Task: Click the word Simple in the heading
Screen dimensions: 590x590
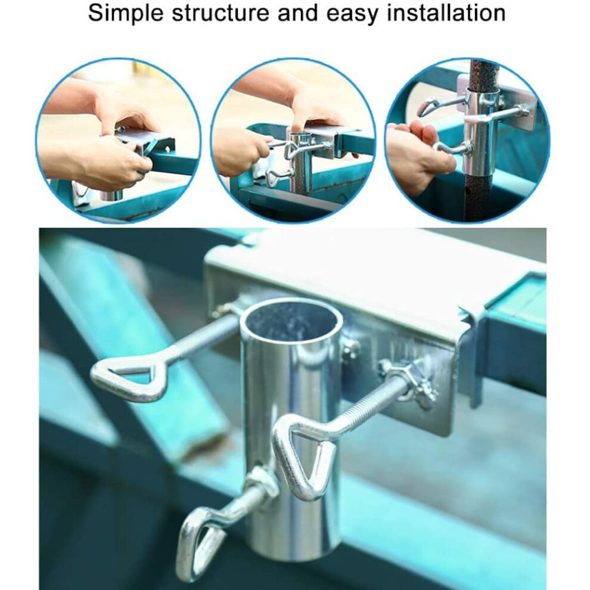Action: coord(125,13)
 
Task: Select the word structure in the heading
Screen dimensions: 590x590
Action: coord(221,13)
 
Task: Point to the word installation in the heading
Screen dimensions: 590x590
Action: coord(446,13)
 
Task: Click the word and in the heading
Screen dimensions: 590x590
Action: coord(297,13)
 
